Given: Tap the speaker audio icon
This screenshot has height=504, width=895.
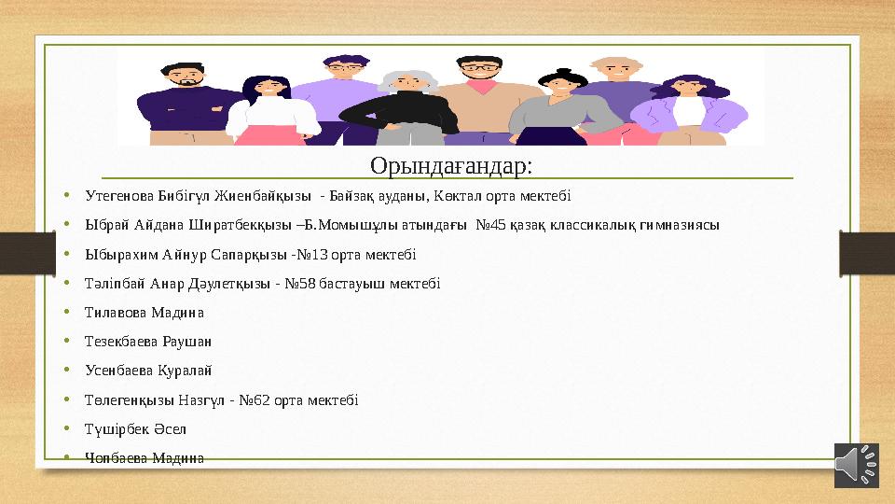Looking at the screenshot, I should [857, 465].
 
